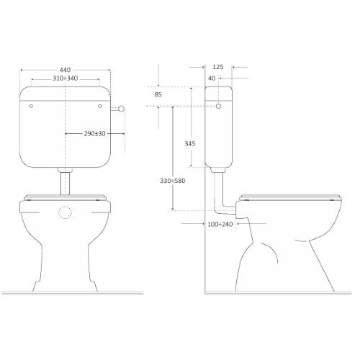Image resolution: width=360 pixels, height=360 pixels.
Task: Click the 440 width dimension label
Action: click(x=65, y=70)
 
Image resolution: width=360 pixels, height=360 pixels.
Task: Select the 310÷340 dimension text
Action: click(x=65, y=78)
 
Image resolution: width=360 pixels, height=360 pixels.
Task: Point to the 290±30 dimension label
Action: click(x=94, y=134)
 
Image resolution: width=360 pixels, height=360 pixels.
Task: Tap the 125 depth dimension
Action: click(x=218, y=67)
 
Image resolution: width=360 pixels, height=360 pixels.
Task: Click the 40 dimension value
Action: click(x=212, y=78)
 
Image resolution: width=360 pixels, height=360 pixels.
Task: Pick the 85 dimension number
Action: click(x=158, y=94)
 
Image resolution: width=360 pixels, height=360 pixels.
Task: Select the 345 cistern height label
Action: click(x=190, y=143)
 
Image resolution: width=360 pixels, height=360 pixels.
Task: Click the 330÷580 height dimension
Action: click(x=173, y=181)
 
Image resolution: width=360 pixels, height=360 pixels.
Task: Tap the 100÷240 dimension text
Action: click(x=220, y=224)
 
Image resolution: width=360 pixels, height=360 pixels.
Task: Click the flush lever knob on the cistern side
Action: click(x=122, y=109)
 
